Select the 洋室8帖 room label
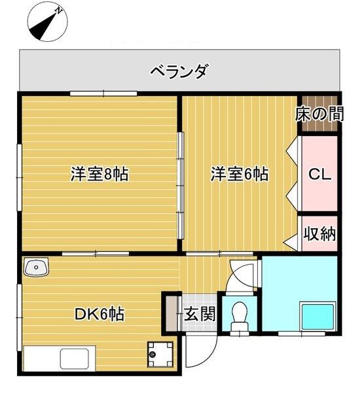pyautogui.click(x=99, y=175)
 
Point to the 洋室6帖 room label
pyautogui.click(x=239, y=175)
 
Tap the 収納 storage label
pyautogui.click(x=319, y=234)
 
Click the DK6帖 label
pyautogui.click(x=98, y=314)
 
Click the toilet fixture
pyautogui.click(x=239, y=315)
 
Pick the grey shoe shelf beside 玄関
pyautogui.click(x=172, y=315)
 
